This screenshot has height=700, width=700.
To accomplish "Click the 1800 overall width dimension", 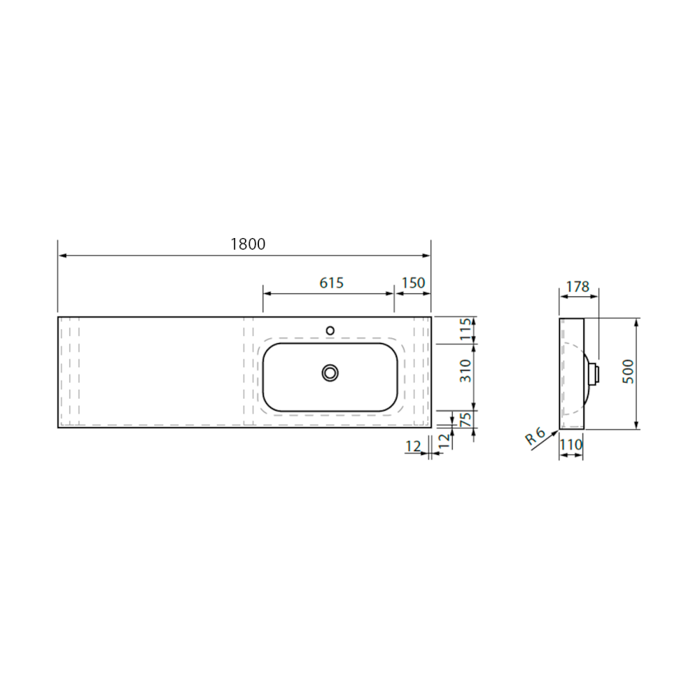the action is [x=248, y=244].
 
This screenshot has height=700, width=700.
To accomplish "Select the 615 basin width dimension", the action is [x=331, y=283].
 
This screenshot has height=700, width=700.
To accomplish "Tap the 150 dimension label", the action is [x=413, y=283].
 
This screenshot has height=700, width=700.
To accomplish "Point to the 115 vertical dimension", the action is [x=466, y=329].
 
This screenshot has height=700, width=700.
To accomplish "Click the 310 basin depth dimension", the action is [x=466, y=370].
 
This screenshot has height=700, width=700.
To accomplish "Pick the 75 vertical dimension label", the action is [x=466, y=420].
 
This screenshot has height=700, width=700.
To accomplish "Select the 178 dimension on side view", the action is [x=578, y=286].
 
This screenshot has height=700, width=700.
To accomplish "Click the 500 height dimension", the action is [x=628, y=372].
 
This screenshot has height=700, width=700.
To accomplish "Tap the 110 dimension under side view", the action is [x=571, y=445].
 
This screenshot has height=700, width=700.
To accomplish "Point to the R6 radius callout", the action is [x=535, y=436].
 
